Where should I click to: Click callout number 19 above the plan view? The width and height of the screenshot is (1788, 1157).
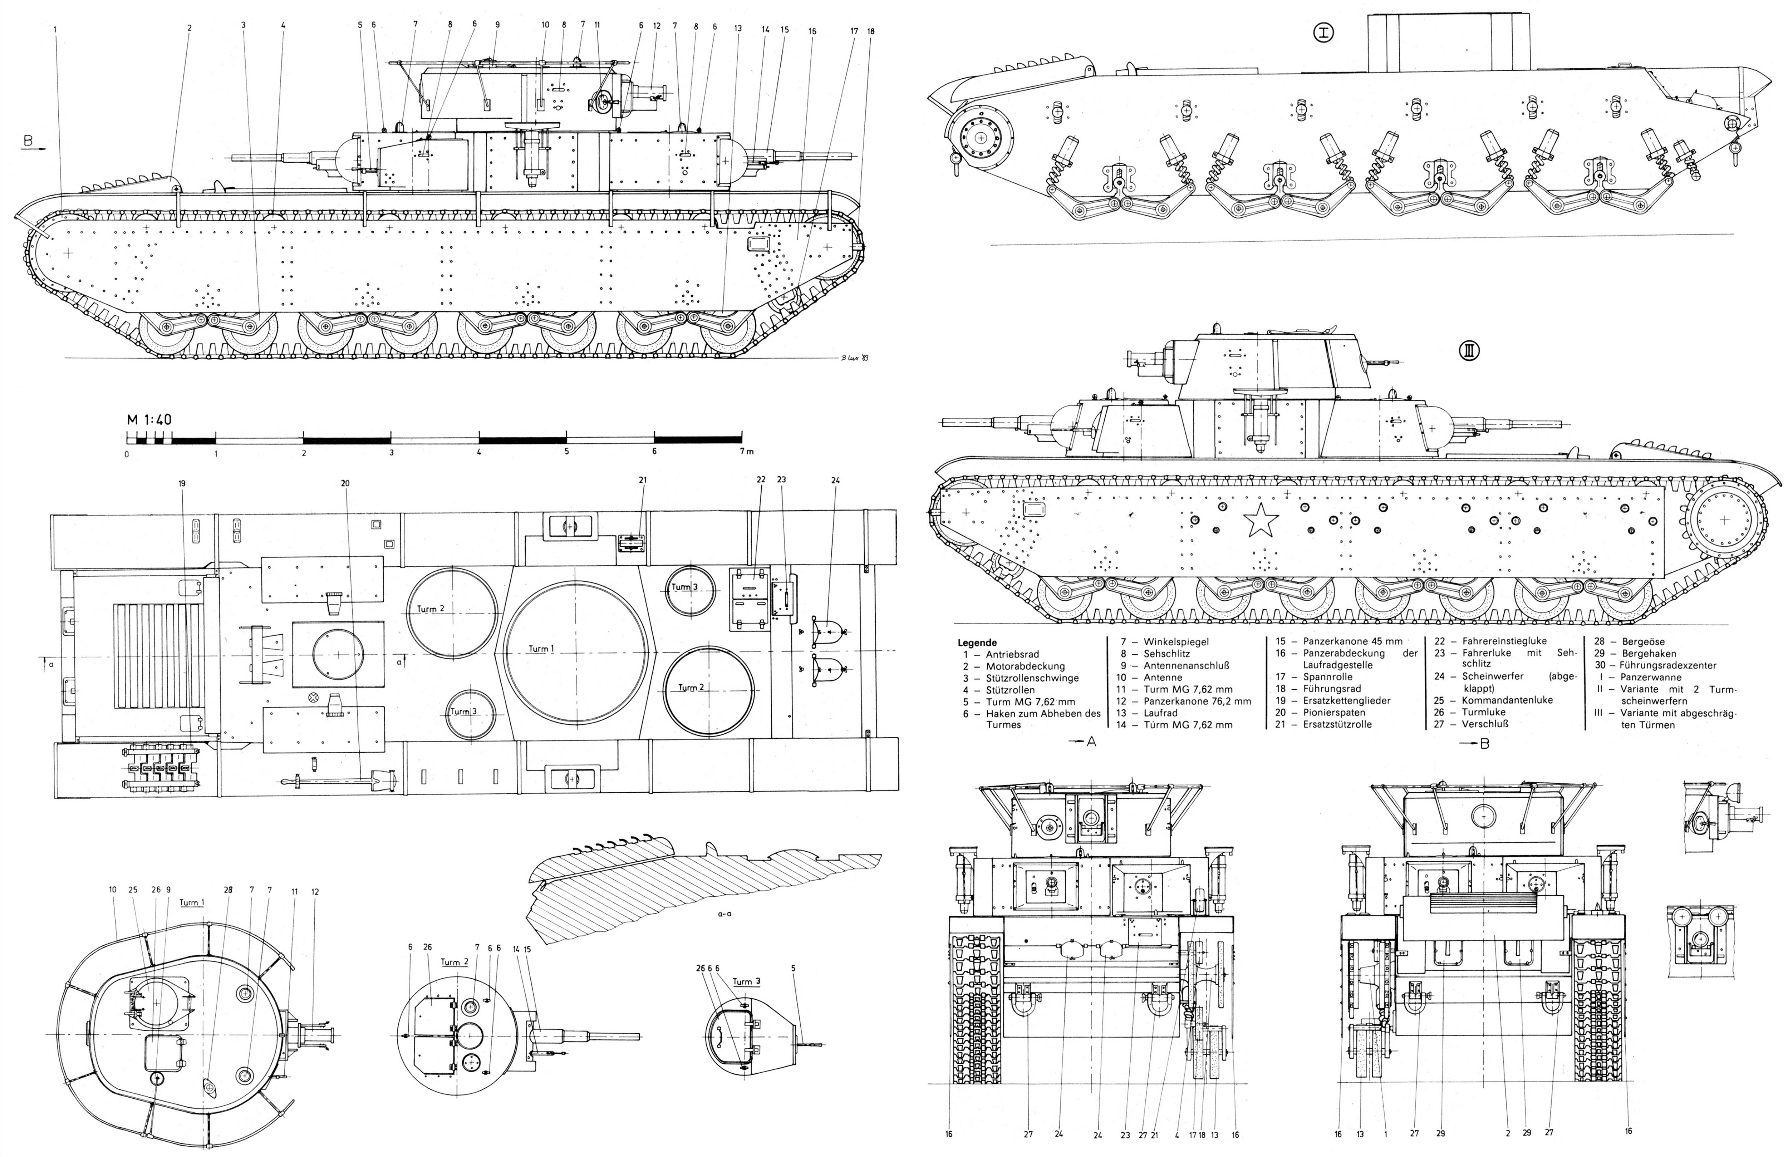[182, 484]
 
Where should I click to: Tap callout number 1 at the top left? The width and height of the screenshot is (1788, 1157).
[55, 29]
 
